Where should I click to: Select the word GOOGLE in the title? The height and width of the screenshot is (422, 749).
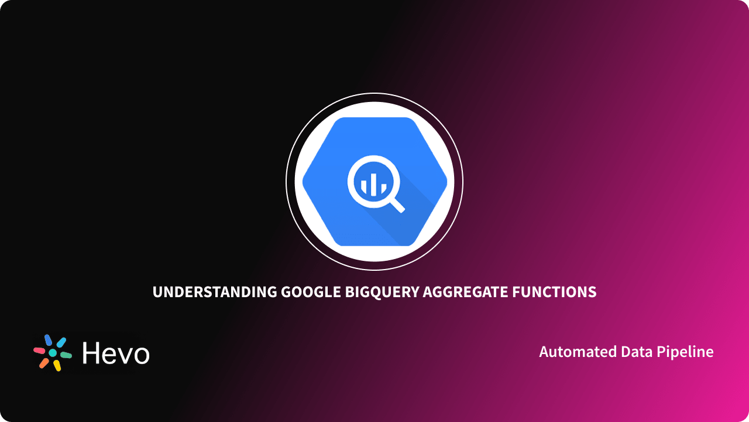pyautogui.click(x=310, y=292)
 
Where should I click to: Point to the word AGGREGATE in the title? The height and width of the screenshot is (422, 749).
pyautogui.click(x=463, y=292)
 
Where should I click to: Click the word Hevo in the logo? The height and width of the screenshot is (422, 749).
pyautogui.click(x=116, y=353)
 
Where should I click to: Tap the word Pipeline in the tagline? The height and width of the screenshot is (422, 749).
pyautogui.click(x=685, y=352)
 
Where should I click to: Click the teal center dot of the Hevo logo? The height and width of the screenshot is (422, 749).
pyautogui.click(x=53, y=353)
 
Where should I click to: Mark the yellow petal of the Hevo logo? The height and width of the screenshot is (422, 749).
pyautogui.click(x=57, y=366)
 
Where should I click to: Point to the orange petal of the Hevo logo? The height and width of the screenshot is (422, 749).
pyautogui.click(x=44, y=363)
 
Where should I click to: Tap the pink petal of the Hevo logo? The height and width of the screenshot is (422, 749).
pyautogui.click(x=39, y=350)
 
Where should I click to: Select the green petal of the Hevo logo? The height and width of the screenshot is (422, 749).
pyautogui.click(x=66, y=355)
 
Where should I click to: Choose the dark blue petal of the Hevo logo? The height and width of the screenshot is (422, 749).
pyautogui.click(x=48, y=340)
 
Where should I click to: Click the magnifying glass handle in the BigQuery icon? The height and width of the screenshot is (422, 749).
pyautogui.click(x=396, y=203)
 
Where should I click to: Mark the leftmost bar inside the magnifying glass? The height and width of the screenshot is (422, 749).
pyautogui.click(x=363, y=187)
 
